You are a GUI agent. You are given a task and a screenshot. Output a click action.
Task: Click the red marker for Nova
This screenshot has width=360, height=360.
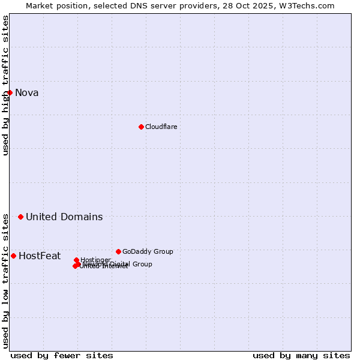click(10, 92)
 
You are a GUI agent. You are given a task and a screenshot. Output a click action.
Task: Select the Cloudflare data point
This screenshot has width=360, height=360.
click(141, 127)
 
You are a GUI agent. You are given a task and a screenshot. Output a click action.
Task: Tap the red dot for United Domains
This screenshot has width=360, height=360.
click(20, 217)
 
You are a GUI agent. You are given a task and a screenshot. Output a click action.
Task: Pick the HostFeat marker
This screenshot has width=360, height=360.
click(13, 256)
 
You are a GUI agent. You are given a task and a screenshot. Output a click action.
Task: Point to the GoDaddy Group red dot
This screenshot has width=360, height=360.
click(118, 251)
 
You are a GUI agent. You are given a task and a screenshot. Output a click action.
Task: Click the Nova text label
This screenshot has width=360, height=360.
click(27, 92)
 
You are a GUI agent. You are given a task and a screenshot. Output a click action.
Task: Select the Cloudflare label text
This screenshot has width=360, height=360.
click(161, 127)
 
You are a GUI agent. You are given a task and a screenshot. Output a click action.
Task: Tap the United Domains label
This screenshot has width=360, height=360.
click(64, 217)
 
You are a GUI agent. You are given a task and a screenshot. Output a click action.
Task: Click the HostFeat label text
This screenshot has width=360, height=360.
click(40, 256)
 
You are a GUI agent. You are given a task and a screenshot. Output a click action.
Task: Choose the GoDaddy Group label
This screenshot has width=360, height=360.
click(148, 251)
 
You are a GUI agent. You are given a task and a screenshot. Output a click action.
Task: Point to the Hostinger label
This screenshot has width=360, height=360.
click(96, 260)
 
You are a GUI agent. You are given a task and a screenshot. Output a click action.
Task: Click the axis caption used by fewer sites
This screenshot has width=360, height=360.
click(62, 355)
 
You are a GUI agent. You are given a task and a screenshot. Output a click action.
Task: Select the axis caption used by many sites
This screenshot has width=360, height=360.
click(301, 355)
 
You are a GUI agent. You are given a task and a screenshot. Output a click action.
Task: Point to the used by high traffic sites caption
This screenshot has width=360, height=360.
click(5, 85)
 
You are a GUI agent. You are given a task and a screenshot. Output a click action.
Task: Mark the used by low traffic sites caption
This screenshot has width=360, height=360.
click(5, 280)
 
